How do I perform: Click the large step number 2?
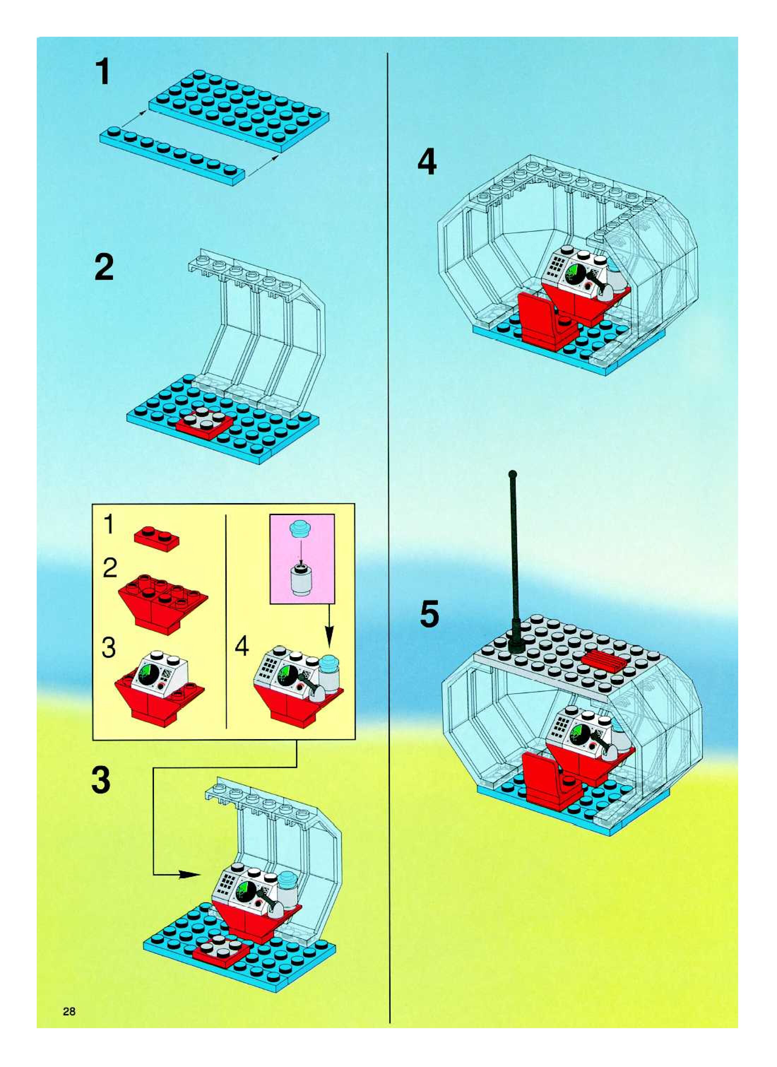[x=104, y=267]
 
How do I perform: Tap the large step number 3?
[x=101, y=779]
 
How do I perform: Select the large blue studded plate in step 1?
[x=239, y=111]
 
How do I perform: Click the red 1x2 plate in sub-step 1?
[x=156, y=537]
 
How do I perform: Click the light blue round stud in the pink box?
[x=302, y=529]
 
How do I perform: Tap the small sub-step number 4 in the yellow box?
[x=241, y=647]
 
